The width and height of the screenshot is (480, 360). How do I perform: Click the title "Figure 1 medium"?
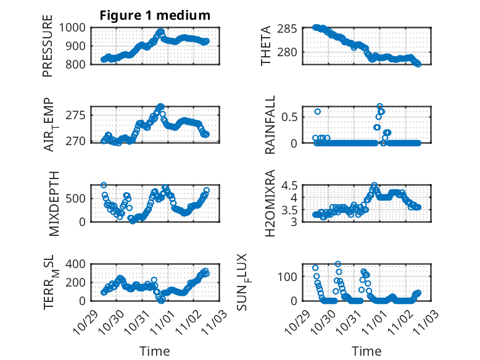155,15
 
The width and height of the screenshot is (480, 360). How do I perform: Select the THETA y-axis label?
266,45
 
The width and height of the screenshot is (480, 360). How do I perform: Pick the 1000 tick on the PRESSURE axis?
75,27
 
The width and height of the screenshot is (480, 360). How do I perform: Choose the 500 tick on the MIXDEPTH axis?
78,198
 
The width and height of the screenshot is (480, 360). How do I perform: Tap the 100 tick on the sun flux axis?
291,275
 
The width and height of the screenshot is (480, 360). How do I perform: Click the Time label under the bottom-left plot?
154,351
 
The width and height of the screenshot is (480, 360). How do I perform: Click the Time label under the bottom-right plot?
366,351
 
